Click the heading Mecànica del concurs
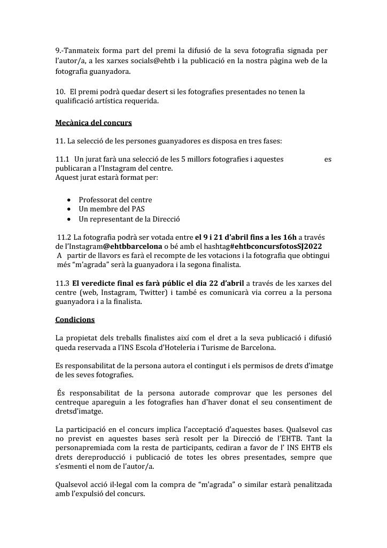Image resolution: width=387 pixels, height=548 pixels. coord(94,123)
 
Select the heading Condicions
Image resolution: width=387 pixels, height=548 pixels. coord(75,319)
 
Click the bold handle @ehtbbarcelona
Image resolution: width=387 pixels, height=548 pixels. coord(133,246)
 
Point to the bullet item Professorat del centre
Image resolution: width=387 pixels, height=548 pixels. coord(115,200)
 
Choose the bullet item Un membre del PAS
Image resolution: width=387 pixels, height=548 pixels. coord(111,209)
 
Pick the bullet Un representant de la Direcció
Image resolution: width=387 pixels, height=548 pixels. coord(129,219)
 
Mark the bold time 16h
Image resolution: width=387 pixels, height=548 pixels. coord(289,237)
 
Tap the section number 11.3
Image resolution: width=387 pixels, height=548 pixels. coord(62,283)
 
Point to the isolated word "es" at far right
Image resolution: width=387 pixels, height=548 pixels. coord(328,159)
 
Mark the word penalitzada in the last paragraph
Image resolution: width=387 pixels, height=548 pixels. coord(307,484)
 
